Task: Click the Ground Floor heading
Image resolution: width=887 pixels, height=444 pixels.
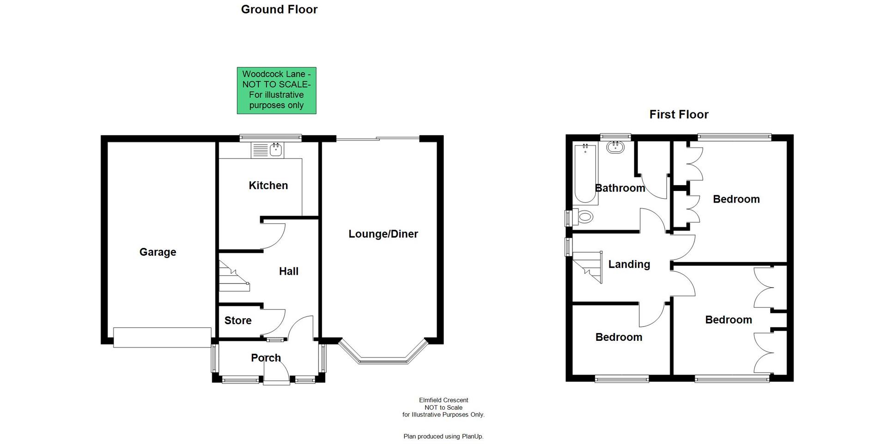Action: [x=279, y=9]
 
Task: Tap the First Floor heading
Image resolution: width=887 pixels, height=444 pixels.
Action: [x=679, y=114]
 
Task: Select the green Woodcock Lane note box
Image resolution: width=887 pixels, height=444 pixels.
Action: [x=276, y=90]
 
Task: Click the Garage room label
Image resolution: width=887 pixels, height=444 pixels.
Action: [x=158, y=252]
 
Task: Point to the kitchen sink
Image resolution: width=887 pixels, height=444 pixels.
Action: [x=276, y=149]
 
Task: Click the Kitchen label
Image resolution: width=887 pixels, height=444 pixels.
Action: [x=268, y=185]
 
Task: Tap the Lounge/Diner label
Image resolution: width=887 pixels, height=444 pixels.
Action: [x=383, y=234]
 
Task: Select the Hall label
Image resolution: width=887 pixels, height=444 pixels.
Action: [x=288, y=271]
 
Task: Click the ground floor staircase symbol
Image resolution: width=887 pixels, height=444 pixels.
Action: [x=233, y=277]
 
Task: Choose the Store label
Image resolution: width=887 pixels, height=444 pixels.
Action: [x=238, y=321]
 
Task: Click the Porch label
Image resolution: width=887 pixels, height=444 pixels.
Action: [x=266, y=358]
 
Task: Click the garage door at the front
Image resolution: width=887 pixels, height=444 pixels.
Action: [x=162, y=338]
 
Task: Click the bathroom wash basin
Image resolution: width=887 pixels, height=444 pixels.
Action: [x=615, y=147]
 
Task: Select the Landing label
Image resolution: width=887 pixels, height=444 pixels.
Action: [x=629, y=264]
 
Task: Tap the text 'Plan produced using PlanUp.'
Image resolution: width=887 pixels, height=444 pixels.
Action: [x=443, y=436]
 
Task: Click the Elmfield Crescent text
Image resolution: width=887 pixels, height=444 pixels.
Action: [x=443, y=400]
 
